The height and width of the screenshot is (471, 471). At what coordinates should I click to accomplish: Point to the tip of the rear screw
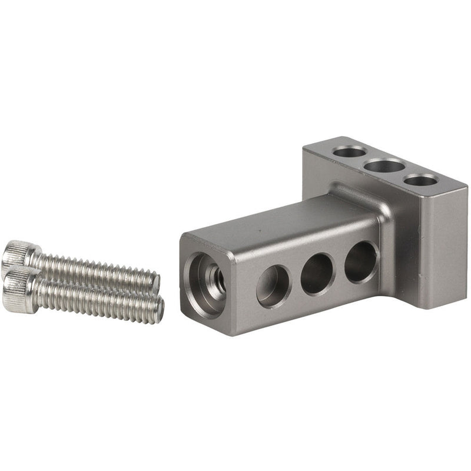point(155,283)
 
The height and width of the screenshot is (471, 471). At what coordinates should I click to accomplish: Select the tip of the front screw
point(160,309)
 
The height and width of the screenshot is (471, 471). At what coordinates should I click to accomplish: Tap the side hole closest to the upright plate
point(360,261)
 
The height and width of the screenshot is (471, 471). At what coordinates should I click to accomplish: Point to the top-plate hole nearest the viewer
point(420,180)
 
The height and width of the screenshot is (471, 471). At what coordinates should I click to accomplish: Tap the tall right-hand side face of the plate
point(445,247)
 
